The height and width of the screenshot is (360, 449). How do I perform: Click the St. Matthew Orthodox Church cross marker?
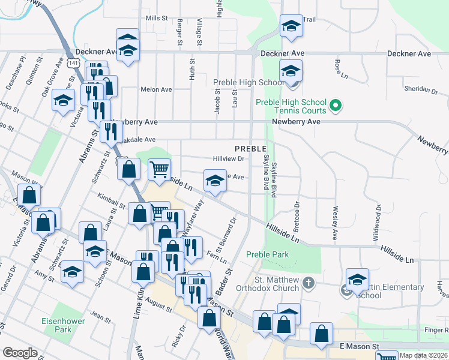pos(308,282)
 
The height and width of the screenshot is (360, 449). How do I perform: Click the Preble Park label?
pos(268,254)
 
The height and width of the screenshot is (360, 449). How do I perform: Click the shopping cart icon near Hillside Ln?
pos(159,169)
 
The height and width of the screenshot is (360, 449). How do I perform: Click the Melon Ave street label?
pos(156,89)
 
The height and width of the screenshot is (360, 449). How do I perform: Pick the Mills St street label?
pos(156,19)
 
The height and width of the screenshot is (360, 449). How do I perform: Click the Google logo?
pos(20,352)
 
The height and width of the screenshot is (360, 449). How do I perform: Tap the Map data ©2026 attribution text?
pos(423,356)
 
